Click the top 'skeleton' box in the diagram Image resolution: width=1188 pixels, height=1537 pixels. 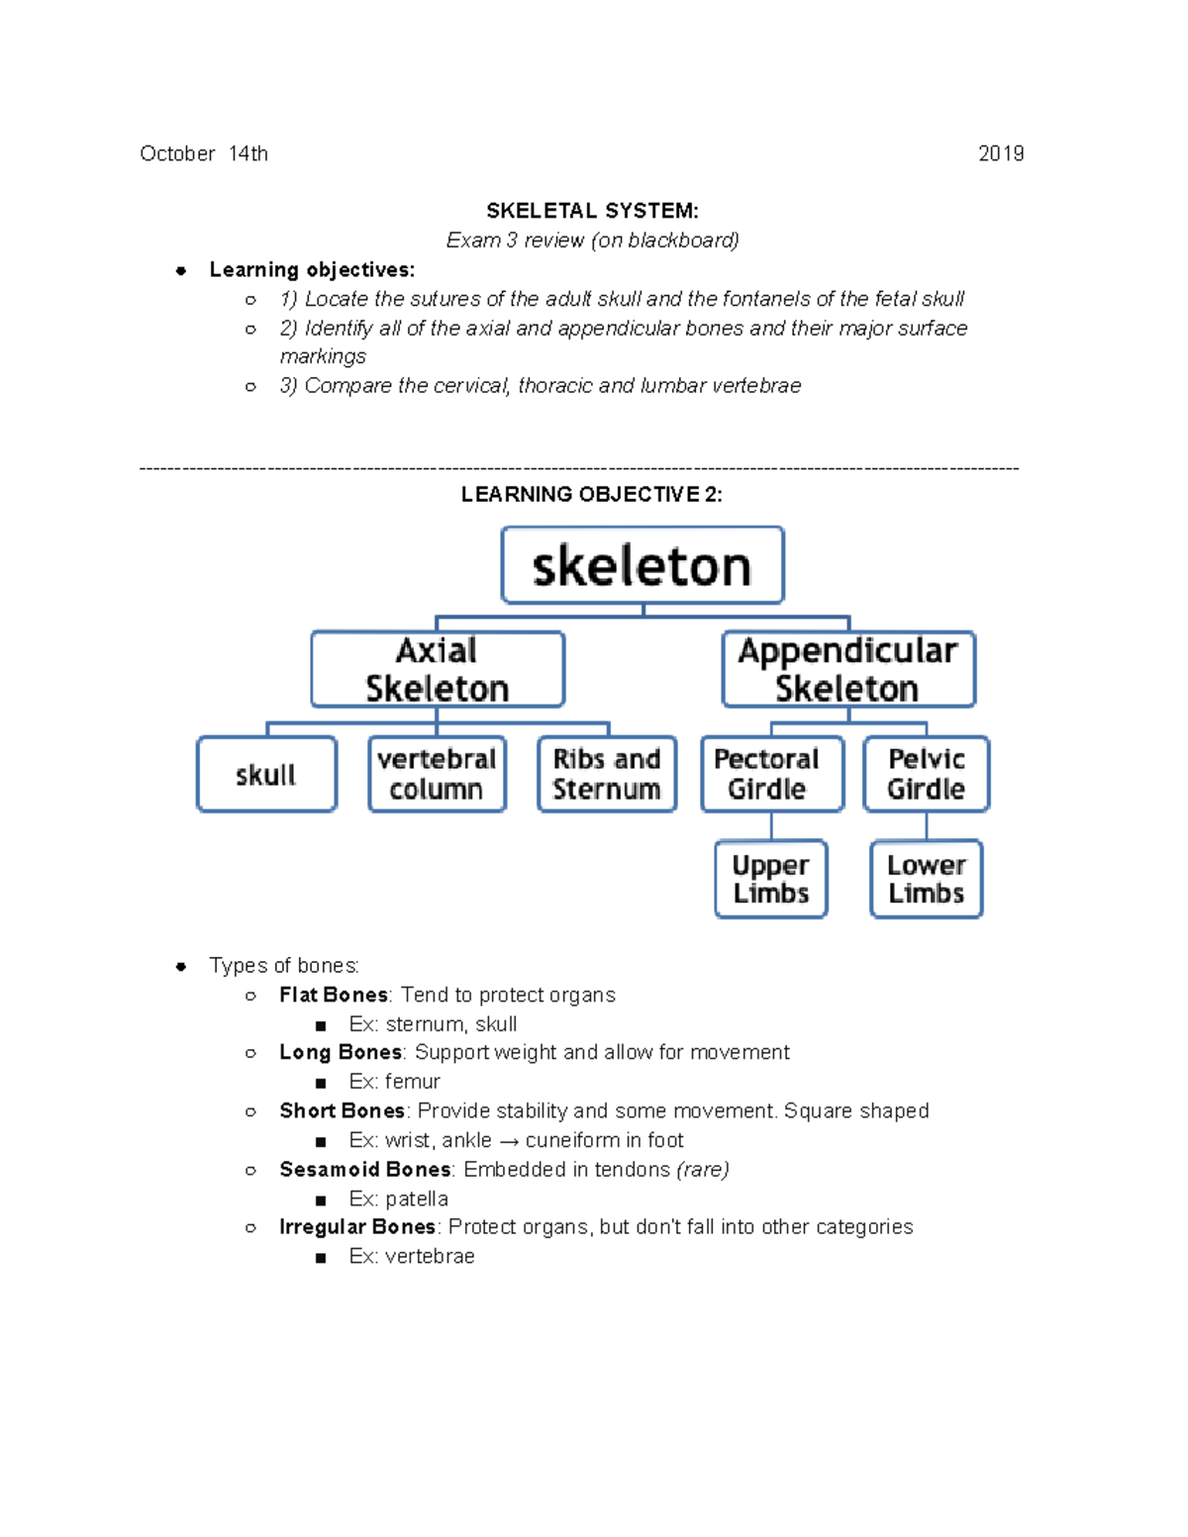pyautogui.click(x=643, y=565)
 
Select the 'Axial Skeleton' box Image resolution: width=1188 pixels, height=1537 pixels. pyautogui.click(x=438, y=669)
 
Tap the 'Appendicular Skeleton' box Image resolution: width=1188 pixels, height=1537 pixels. pyautogui.click(x=848, y=669)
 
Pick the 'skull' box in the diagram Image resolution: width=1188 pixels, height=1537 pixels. pyautogui.click(x=266, y=774)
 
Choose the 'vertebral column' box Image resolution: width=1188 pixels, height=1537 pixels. pyautogui.click(x=437, y=774)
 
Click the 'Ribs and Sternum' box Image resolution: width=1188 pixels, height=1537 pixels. pyautogui.click(x=607, y=774)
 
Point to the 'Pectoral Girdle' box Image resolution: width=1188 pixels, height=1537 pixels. pyautogui.click(x=771, y=774)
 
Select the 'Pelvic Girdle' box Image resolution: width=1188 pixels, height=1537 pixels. pyautogui.click(x=926, y=774)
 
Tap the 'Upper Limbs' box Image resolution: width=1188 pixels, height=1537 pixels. pyautogui.click(x=771, y=879)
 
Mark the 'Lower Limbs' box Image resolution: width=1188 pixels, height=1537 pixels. pyautogui.click(x=926, y=879)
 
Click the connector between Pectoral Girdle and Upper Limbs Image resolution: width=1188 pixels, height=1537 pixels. pyautogui.click(x=771, y=826)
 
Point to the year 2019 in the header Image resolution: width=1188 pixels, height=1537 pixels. pyautogui.click(x=1001, y=153)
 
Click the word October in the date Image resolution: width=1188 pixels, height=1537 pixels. pyautogui.click(x=177, y=153)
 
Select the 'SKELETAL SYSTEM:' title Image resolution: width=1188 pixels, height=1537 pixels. pyautogui.click(x=592, y=211)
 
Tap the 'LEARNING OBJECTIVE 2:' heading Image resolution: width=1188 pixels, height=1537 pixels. pyautogui.click(x=592, y=495)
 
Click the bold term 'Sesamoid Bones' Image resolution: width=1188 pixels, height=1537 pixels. pyautogui.click(x=364, y=1170)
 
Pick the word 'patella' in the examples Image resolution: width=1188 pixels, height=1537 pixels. pyautogui.click(x=417, y=1200)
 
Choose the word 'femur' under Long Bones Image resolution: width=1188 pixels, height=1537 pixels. pyautogui.click(x=413, y=1082)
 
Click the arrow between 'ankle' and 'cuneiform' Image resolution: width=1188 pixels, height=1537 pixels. pyautogui.click(x=509, y=1141)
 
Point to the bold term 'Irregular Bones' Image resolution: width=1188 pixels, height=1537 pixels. pyautogui.click(x=357, y=1227)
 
